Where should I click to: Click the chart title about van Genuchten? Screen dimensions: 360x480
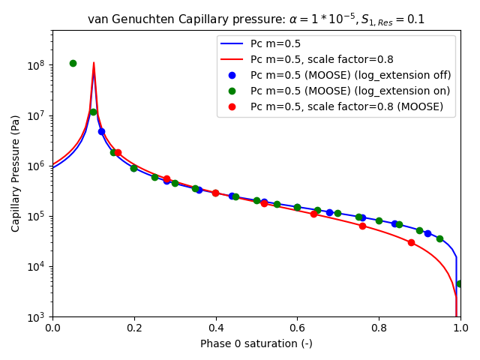(256, 19)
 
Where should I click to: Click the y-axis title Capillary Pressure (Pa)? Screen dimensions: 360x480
(16, 173)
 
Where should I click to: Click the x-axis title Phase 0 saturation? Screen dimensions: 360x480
(256, 343)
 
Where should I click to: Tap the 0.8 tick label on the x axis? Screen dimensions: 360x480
(379, 328)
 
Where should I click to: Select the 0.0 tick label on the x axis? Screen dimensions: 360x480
(52, 328)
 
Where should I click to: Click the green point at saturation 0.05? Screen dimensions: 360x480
(73, 63)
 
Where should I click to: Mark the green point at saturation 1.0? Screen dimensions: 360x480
(460, 283)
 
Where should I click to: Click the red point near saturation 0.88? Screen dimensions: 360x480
(411, 242)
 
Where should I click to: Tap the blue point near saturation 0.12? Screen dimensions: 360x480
(101, 131)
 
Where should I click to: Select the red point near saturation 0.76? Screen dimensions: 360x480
(362, 226)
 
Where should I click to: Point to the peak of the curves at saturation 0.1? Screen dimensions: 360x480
(94, 64)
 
